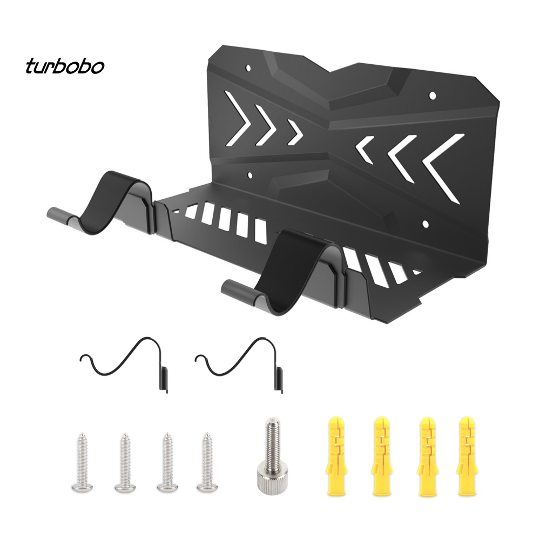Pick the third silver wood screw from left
(166, 462)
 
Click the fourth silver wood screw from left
(207, 462)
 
